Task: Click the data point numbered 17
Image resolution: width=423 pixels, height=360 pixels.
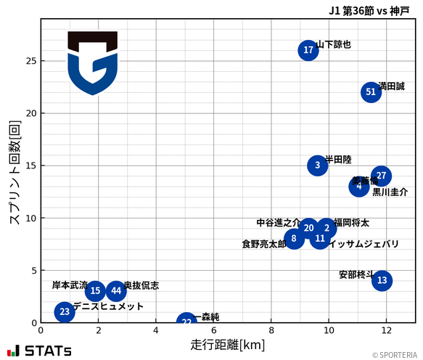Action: pos(308,50)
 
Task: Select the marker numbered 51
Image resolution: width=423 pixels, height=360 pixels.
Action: pos(371,92)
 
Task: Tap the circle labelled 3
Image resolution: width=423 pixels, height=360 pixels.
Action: pos(318,165)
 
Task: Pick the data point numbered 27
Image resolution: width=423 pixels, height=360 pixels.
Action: pos(381,176)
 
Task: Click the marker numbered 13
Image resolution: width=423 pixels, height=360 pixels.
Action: pos(382,281)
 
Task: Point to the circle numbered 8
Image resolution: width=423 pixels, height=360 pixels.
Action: pos(294,239)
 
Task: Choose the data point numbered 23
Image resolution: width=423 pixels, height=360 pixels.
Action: pos(65,312)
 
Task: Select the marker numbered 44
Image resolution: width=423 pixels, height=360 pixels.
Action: pos(116,291)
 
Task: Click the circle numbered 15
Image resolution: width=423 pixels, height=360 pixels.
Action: pos(95,291)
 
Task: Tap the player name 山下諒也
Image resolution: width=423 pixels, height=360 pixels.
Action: pos(334,44)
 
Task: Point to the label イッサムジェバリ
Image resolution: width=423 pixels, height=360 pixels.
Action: pos(364,245)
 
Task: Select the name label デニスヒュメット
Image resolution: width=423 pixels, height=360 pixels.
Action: pos(108,307)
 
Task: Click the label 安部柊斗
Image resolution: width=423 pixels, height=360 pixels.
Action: pos(356,275)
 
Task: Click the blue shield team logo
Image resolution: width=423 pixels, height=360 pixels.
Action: pos(92,63)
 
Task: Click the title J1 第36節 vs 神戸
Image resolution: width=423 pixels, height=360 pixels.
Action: pos(369,10)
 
